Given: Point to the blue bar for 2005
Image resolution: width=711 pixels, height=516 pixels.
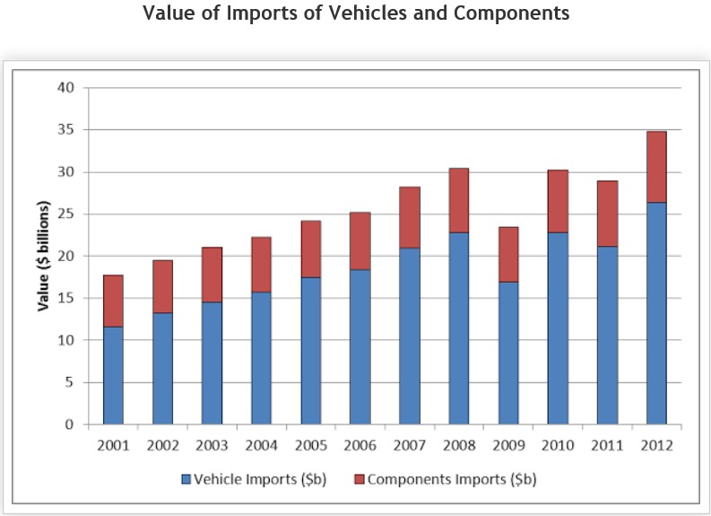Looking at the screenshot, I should click(x=311, y=350).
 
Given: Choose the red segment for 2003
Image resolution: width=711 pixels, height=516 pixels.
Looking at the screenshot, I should click(x=212, y=275).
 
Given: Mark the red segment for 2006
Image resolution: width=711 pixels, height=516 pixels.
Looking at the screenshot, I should click(x=360, y=241).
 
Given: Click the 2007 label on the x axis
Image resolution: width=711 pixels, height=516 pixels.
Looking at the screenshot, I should click(x=409, y=444).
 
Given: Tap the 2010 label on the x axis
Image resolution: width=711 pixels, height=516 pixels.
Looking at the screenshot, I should click(x=558, y=444).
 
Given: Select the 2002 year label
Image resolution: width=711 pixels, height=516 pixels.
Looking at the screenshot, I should click(x=162, y=444).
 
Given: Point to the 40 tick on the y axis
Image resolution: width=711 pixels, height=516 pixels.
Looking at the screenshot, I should click(x=65, y=88).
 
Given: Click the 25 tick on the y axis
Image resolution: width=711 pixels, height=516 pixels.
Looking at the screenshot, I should click(x=65, y=214).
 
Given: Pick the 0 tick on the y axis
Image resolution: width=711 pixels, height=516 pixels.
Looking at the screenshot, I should click(x=69, y=424).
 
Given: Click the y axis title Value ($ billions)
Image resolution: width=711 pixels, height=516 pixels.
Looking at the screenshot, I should click(x=43, y=257).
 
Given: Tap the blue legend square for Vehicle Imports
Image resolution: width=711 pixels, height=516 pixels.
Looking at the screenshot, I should click(x=186, y=479).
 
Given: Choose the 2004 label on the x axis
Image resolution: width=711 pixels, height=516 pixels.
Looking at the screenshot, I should click(x=261, y=444).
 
